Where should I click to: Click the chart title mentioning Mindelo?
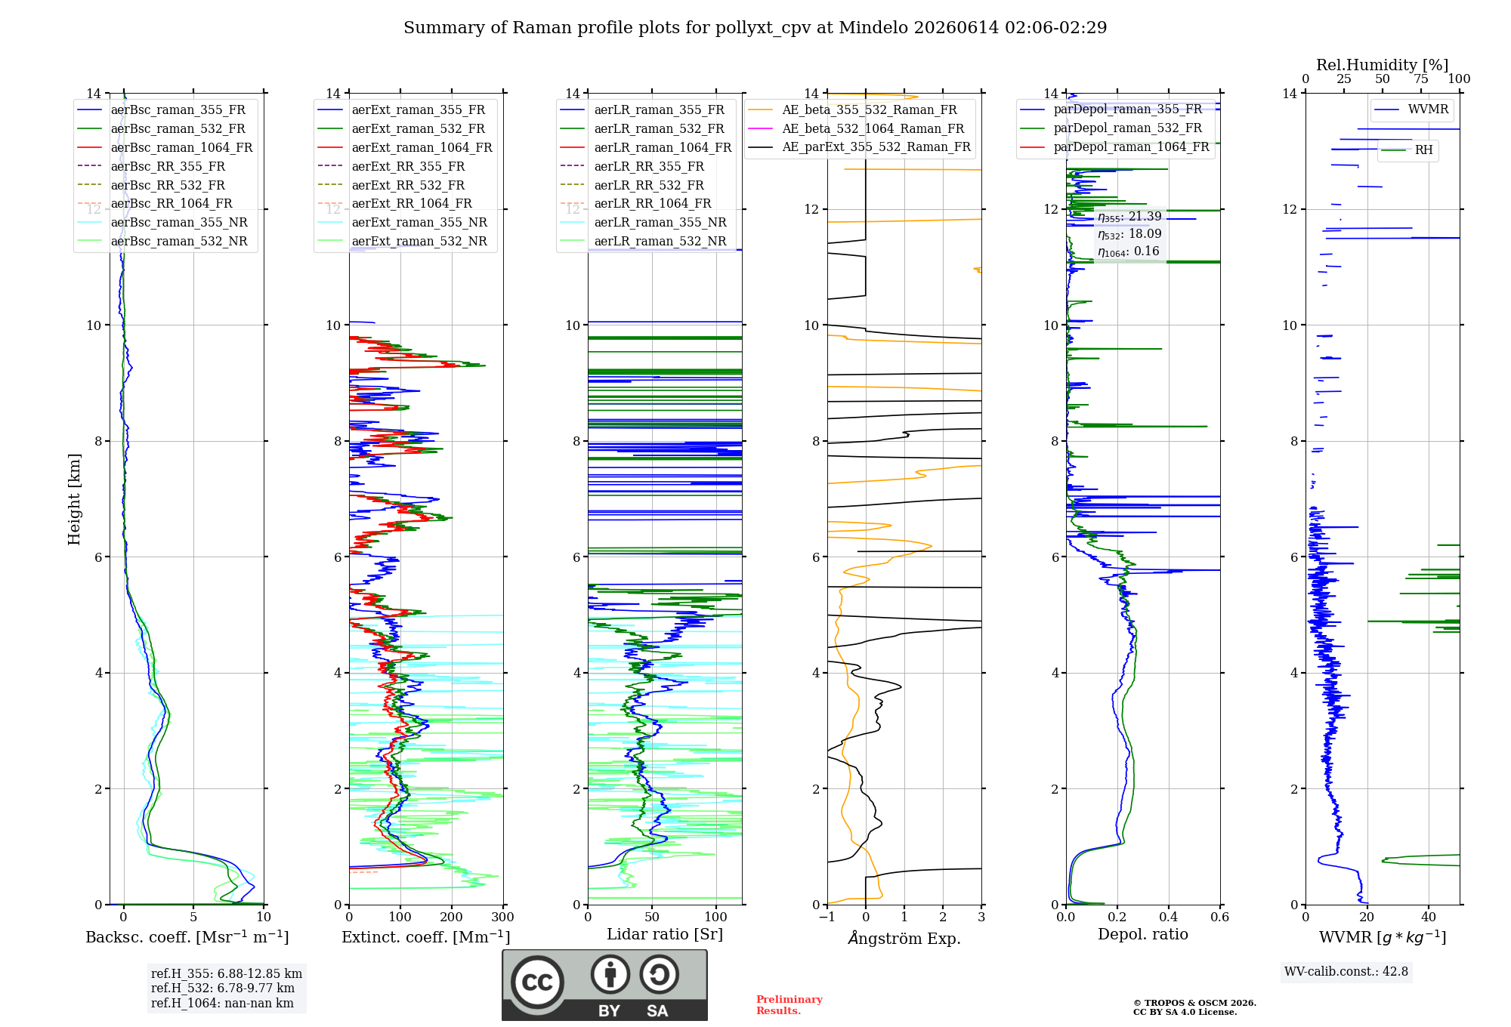coord(755,28)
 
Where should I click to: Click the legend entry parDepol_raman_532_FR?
coord(1111,128)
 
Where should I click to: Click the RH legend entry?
coord(1407,150)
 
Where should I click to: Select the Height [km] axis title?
coord(74,499)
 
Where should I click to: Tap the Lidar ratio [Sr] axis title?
coord(665,934)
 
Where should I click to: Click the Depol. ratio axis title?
coord(1143,934)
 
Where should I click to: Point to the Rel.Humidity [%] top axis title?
coord(1383,65)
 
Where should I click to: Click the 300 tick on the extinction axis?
coord(503,917)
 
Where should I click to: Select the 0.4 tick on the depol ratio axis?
coord(1169,917)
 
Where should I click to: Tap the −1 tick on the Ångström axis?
coord(827,917)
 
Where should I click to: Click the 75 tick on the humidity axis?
coord(1421,79)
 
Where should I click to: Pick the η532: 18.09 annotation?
coord(1129,234)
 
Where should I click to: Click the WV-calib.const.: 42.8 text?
coord(1346,971)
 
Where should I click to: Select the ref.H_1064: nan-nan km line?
coord(222,1003)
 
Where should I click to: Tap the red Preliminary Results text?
coord(789,1005)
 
